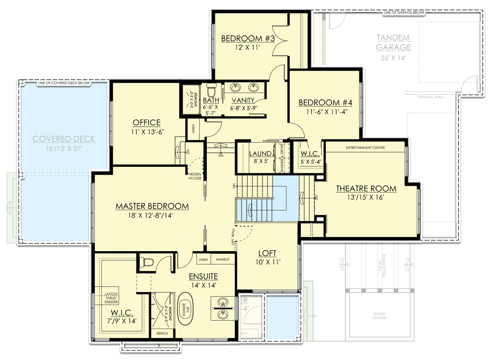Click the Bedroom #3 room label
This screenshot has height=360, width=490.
[248, 38]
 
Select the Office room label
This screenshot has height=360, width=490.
[146, 122]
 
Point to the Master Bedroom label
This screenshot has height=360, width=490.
[152, 206]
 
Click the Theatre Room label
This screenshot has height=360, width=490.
[366, 188]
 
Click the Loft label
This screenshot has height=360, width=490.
[267, 253]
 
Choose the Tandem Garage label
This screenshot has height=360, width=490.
[393, 42]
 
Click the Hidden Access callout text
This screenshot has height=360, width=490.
[195, 175]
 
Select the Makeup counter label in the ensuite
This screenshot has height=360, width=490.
[222, 260]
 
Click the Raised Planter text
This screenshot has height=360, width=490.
[380, 316]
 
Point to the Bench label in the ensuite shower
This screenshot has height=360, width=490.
[162, 333]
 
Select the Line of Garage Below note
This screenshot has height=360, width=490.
[404, 13]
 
